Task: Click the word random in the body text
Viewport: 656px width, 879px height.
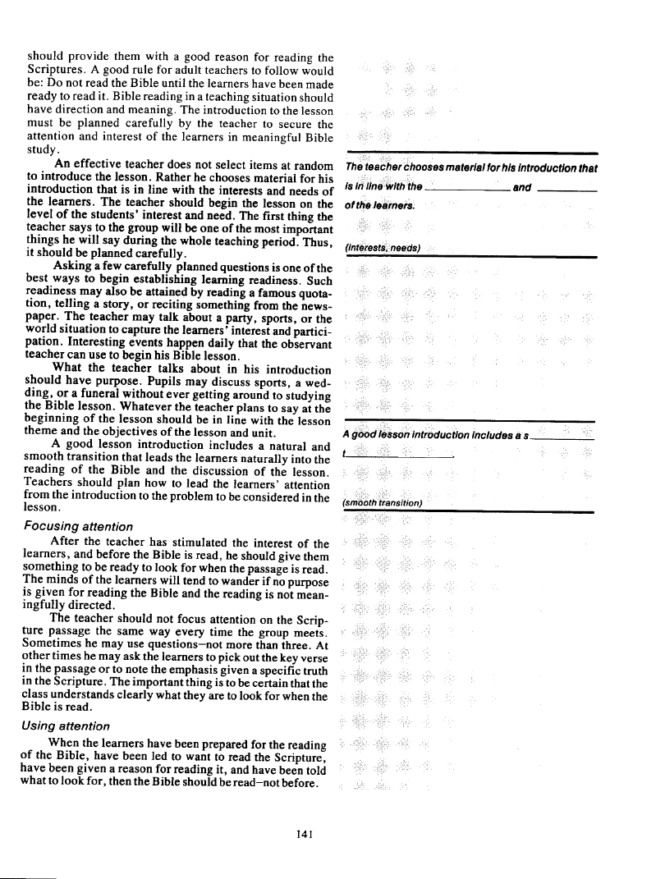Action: pos(315,167)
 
